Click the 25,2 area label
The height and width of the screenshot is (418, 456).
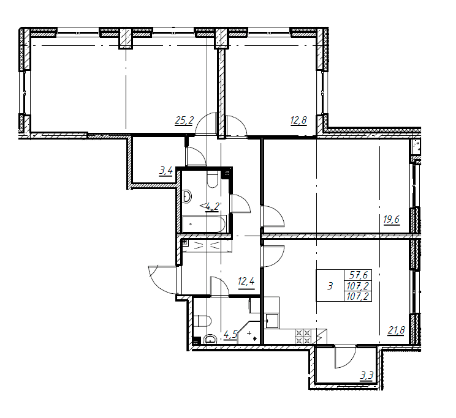coord(184,120)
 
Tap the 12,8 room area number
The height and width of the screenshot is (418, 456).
coord(298,120)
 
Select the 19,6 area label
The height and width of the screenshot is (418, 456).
coord(392,219)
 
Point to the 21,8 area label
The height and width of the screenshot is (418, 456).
coord(397,330)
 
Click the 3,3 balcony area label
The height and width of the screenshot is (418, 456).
coord(367,376)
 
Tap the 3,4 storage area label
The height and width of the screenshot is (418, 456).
coord(165,171)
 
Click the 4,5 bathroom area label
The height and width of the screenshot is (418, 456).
coord(230,335)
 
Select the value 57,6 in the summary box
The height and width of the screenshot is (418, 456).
coord(358,275)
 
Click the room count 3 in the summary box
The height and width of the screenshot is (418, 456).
coord(330,286)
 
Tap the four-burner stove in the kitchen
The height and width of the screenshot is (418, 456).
coord(303,337)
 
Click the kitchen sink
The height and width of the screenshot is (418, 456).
coord(272,321)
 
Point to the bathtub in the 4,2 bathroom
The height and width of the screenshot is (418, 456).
coord(204,224)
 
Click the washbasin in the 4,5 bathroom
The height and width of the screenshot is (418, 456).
coord(210,339)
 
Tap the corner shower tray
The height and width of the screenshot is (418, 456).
coord(249,333)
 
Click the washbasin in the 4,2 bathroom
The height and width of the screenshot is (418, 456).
coord(187,196)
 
